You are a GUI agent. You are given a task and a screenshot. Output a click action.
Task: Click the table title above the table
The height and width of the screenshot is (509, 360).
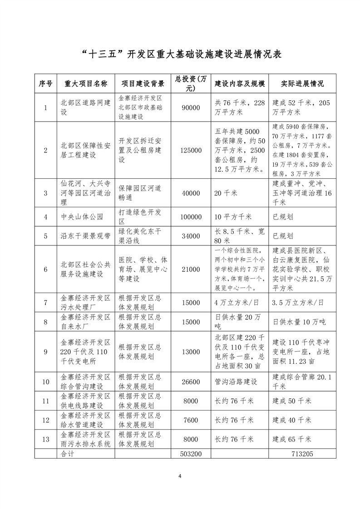click(x=180, y=54)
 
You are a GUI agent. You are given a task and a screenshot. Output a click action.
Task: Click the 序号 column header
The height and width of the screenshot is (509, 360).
click(x=45, y=84)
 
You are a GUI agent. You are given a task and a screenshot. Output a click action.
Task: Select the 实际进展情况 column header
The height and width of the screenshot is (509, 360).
click(x=302, y=84)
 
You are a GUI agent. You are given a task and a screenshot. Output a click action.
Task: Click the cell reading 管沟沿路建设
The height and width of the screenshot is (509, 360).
click(x=236, y=382)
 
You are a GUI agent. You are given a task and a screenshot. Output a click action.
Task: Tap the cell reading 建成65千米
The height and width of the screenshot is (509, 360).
click(x=291, y=439)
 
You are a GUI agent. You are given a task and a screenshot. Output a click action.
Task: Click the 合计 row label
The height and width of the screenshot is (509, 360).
click(x=67, y=453)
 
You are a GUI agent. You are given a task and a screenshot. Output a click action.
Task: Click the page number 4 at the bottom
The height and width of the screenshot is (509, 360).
click(x=180, y=476)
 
